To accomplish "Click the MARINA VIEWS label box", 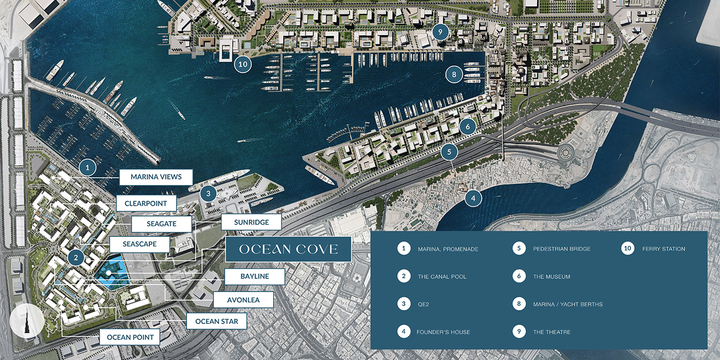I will (156, 177).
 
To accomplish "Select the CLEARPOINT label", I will (146, 203).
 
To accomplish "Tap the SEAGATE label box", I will (161, 224).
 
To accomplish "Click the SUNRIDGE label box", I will (251, 222).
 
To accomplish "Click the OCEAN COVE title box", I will (289, 249).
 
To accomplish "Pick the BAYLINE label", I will (255, 276).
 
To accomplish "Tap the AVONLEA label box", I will (243, 299).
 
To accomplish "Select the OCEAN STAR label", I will (217, 321).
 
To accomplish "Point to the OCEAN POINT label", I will (130, 337).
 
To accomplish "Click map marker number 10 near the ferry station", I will (243, 64).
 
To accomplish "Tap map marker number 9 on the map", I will (441, 32).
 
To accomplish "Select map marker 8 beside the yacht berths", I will (454, 75).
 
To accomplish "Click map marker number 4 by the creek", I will (473, 197).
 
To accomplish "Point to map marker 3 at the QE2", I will (208, 194).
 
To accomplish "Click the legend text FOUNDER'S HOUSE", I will (443, 332).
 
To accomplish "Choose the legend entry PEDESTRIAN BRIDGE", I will (562, 249).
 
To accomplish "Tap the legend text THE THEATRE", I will (551, 332).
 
